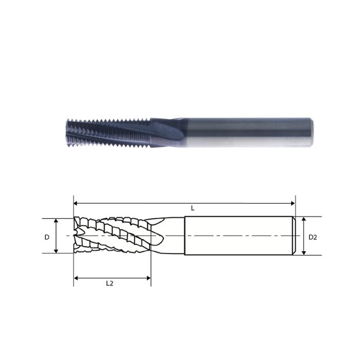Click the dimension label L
[192, 208]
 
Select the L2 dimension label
[110, 283]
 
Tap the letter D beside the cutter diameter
[47, 237]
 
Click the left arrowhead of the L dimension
[76, 203]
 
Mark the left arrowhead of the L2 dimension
[76, 278]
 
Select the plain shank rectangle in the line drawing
[237, 236]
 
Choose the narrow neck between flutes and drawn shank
[172, 236]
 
